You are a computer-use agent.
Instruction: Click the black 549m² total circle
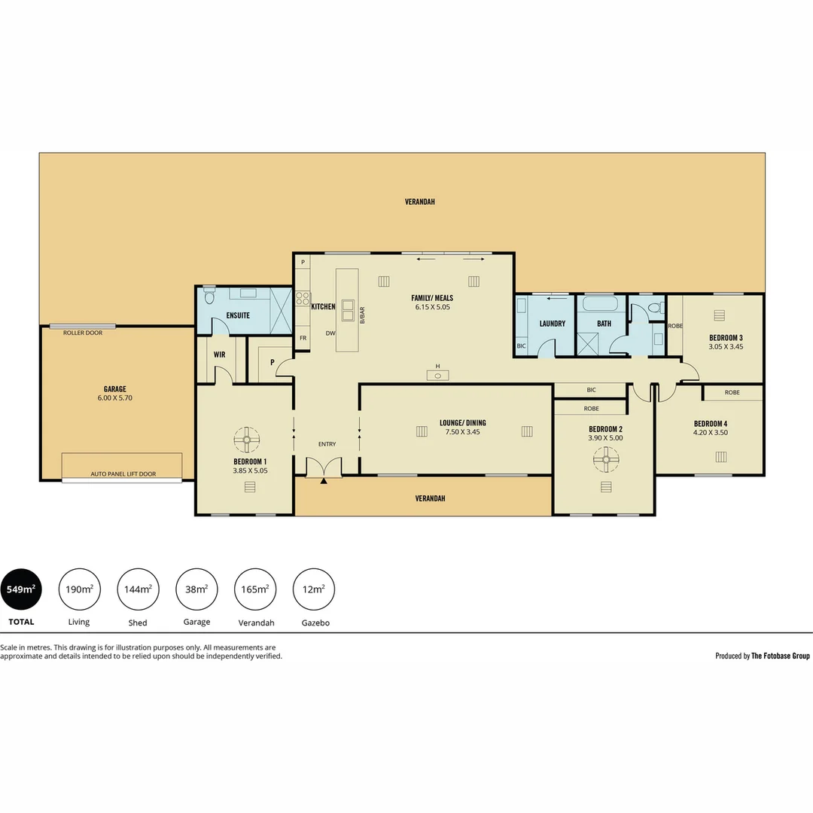coord(20,589)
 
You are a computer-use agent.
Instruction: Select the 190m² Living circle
coord(79,589)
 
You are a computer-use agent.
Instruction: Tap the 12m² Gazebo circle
coord(313,589)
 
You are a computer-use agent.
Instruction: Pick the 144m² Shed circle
coord(138,589)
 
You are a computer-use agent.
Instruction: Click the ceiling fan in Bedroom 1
coord(246,439)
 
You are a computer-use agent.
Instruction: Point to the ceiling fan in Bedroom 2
coord(605,457)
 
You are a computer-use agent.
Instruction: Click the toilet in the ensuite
coord(209,297)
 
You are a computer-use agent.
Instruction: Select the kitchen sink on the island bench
coord(349,310)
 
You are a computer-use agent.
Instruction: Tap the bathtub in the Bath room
coord(600,305)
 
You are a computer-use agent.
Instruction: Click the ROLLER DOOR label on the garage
coord(83,333)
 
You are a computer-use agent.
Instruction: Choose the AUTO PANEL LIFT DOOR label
coord(123,474)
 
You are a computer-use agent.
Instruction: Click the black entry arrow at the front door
coord(324,480)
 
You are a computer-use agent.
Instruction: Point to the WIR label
coord(220,354)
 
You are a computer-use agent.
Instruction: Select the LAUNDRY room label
coord(552,324)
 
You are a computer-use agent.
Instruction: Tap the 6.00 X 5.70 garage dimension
coord(114,398)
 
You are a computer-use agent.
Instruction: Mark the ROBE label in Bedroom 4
coord(732,393)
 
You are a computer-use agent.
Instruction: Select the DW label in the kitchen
coord(330,333)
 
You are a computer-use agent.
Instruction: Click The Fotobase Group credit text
coord(780,656)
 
